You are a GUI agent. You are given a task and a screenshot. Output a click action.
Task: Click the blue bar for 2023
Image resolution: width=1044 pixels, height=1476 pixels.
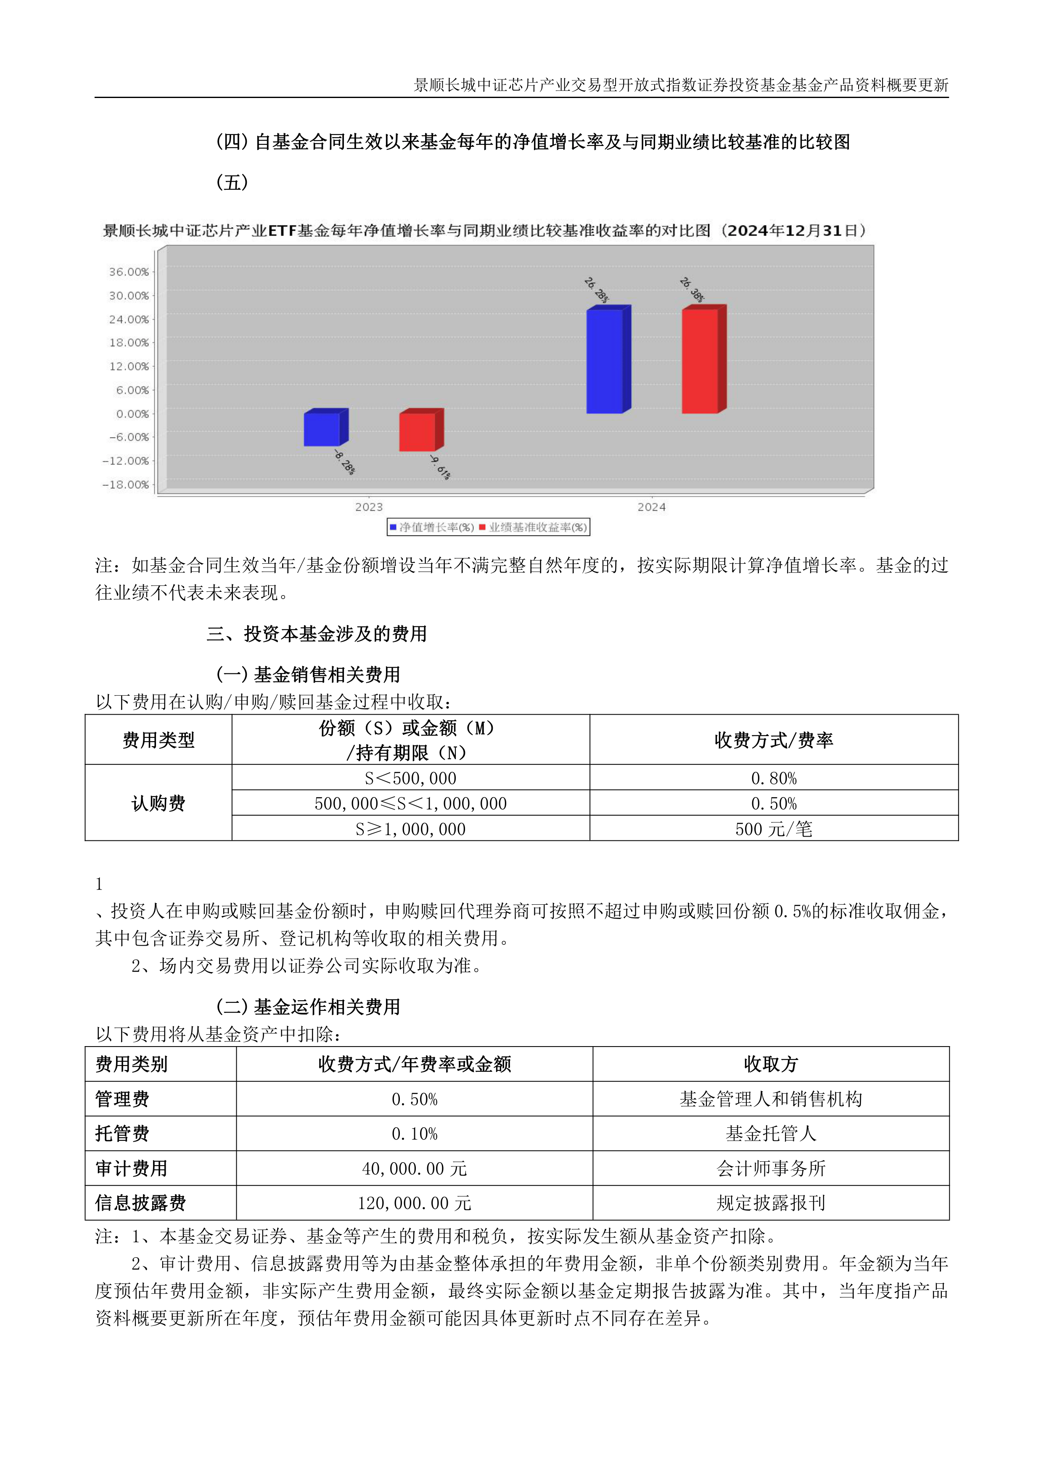pos(322,429)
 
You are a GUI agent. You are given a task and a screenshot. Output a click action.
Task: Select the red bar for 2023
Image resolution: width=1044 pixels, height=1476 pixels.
pos(417,432)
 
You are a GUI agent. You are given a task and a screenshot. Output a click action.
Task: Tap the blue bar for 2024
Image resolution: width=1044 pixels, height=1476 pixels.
pos(605,361)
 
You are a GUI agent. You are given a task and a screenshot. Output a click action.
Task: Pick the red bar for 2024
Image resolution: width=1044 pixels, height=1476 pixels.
pos(700,361)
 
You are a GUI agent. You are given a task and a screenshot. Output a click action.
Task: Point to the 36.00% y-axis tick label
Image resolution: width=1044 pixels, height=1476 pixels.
pos(129,272)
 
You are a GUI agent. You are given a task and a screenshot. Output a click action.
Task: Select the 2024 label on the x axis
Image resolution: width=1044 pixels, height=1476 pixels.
pos(651,507)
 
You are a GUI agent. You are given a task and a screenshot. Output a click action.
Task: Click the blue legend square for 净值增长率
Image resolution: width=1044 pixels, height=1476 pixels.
pos(393,527)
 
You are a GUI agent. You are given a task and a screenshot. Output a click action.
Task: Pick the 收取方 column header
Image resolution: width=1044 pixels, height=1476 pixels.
pos(770,1064)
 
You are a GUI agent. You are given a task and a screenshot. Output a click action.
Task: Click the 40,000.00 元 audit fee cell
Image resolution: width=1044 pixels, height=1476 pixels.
pos(414,1169)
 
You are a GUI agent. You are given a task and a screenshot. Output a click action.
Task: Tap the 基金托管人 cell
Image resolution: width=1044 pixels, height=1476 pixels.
pos(770,1134)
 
